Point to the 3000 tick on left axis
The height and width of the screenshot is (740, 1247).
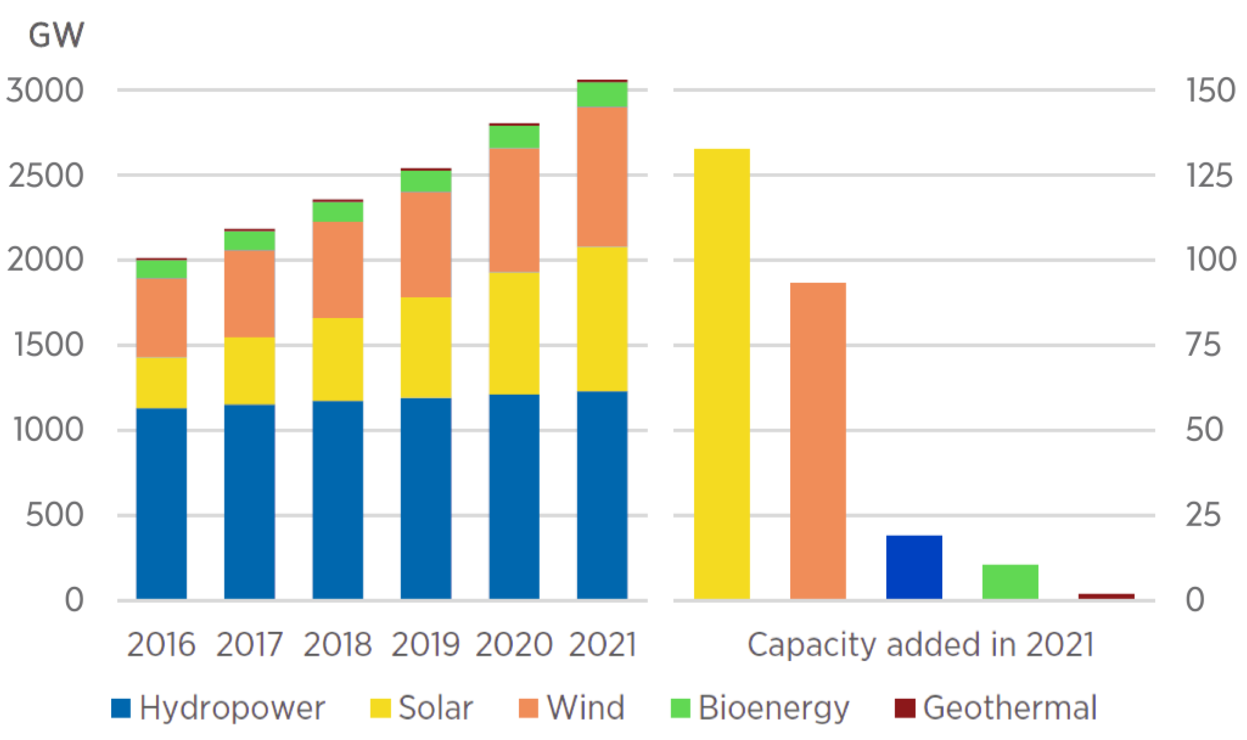pyautogui.click(x=45, y=91)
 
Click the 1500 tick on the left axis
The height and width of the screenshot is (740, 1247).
pyautogui.click(x=48, y=345)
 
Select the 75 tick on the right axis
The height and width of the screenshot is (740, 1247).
pyautogui.click(x=1204, y=345)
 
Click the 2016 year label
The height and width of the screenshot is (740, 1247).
pyautogui.click(x=161, y=645)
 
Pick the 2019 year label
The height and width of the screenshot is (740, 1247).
pyautogui.click(x=425, y=645)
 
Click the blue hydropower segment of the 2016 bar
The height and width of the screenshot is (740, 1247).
pyautogui.click(x=161, y=504)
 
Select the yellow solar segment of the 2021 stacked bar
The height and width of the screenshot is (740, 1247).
pyautogui.click(x=602, y=319)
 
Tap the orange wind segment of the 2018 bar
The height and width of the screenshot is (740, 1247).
pyautogui.click(x=338, y=270)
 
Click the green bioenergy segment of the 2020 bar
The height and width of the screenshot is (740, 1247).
pyautogui.click(x=514, y=137)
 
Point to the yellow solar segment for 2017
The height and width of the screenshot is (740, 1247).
pyautogui.click(x=250, y=371)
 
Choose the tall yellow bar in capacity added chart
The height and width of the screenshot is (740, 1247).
pyautogui.click(x=722, y=374)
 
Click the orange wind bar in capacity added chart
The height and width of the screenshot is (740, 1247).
pyautogui.click(x=818, y=441)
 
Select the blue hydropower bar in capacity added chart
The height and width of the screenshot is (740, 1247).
pyautogui.click(x=914, y=567)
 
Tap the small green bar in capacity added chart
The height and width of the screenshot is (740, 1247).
pyautogui.click(x=1010, y=582)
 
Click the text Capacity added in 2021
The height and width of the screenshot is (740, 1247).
pyautogui.click(x=920, y=645)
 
